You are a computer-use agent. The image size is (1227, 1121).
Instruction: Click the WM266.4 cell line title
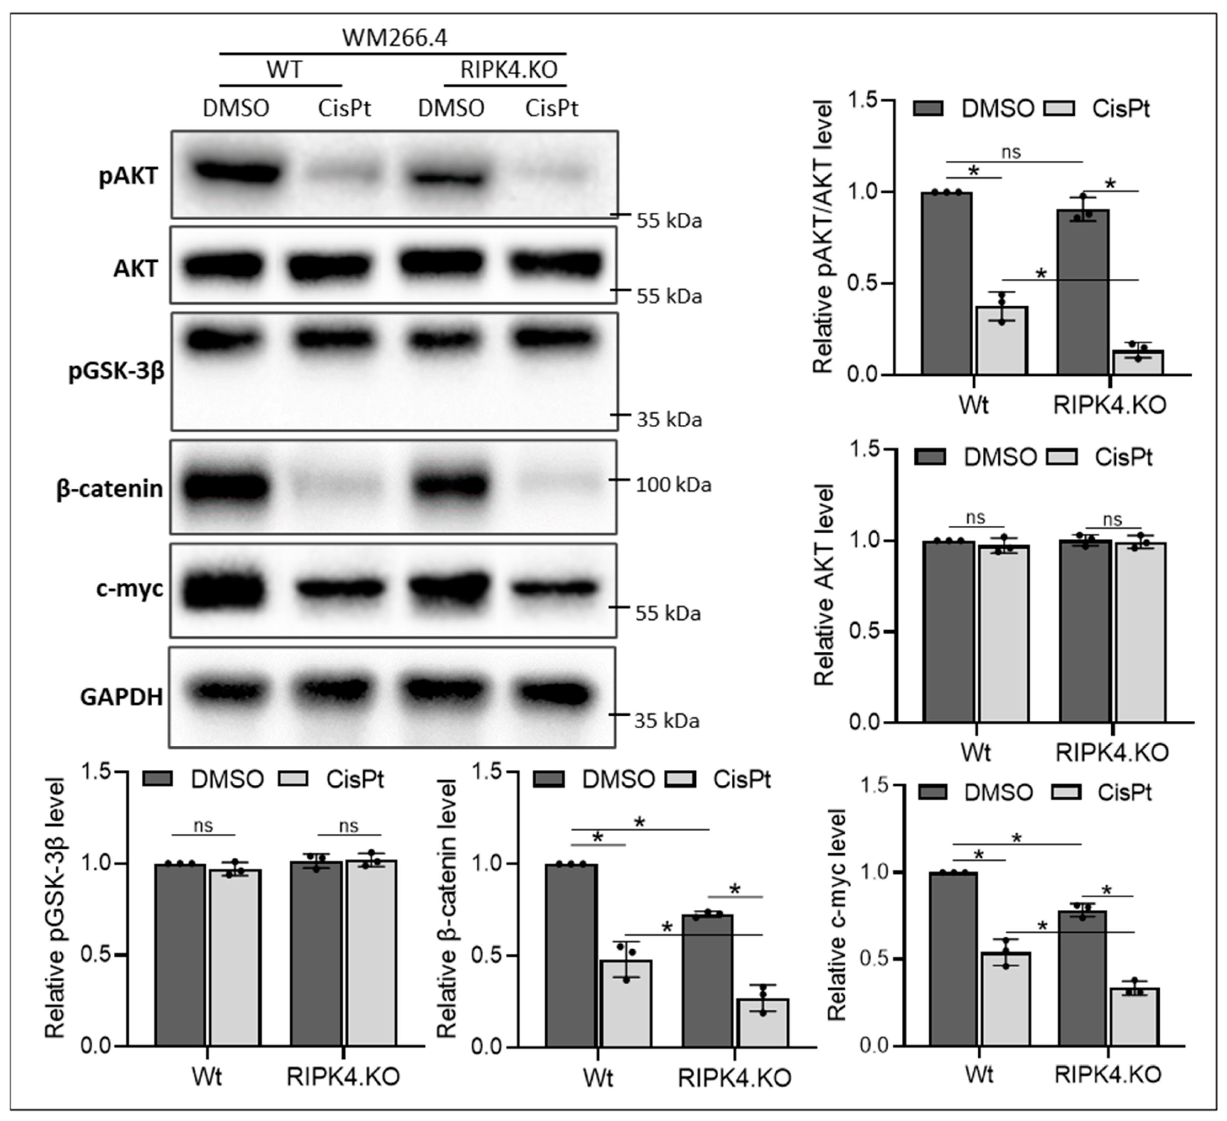coord(394,38)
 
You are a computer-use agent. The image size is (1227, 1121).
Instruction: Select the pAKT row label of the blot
coord(128,176)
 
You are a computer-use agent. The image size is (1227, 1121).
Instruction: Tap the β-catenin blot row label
coord(110,488)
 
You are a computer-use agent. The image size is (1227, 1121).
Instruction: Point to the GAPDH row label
coord(121,696)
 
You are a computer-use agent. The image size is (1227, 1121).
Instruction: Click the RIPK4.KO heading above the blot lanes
coord(509,70)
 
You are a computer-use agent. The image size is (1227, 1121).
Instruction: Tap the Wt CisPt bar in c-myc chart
coord(1006,999)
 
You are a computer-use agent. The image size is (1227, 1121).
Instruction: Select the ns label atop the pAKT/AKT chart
coord(1011,152)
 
